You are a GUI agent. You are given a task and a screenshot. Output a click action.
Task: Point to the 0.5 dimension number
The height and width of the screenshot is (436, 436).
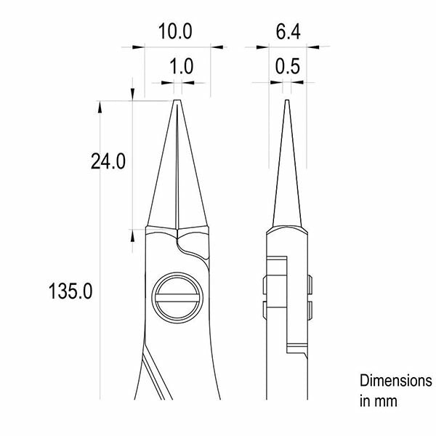click(x=288, y=68)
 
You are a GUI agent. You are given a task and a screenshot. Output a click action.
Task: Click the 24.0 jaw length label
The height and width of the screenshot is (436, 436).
click(x=108, y=161)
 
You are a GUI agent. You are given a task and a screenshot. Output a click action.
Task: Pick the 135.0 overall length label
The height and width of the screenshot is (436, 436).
click(x=70, y=292)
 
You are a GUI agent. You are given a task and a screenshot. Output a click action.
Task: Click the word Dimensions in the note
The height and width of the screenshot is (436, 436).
click(x=396, y=381)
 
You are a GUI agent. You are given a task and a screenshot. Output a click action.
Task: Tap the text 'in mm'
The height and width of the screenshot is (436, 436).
click(x=377, y=400)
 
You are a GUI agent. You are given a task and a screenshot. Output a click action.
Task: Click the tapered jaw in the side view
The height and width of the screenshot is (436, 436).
click(x=287, y=174)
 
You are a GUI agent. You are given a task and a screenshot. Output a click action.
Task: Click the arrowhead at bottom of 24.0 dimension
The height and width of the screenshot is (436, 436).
click(x=132, y=233)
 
